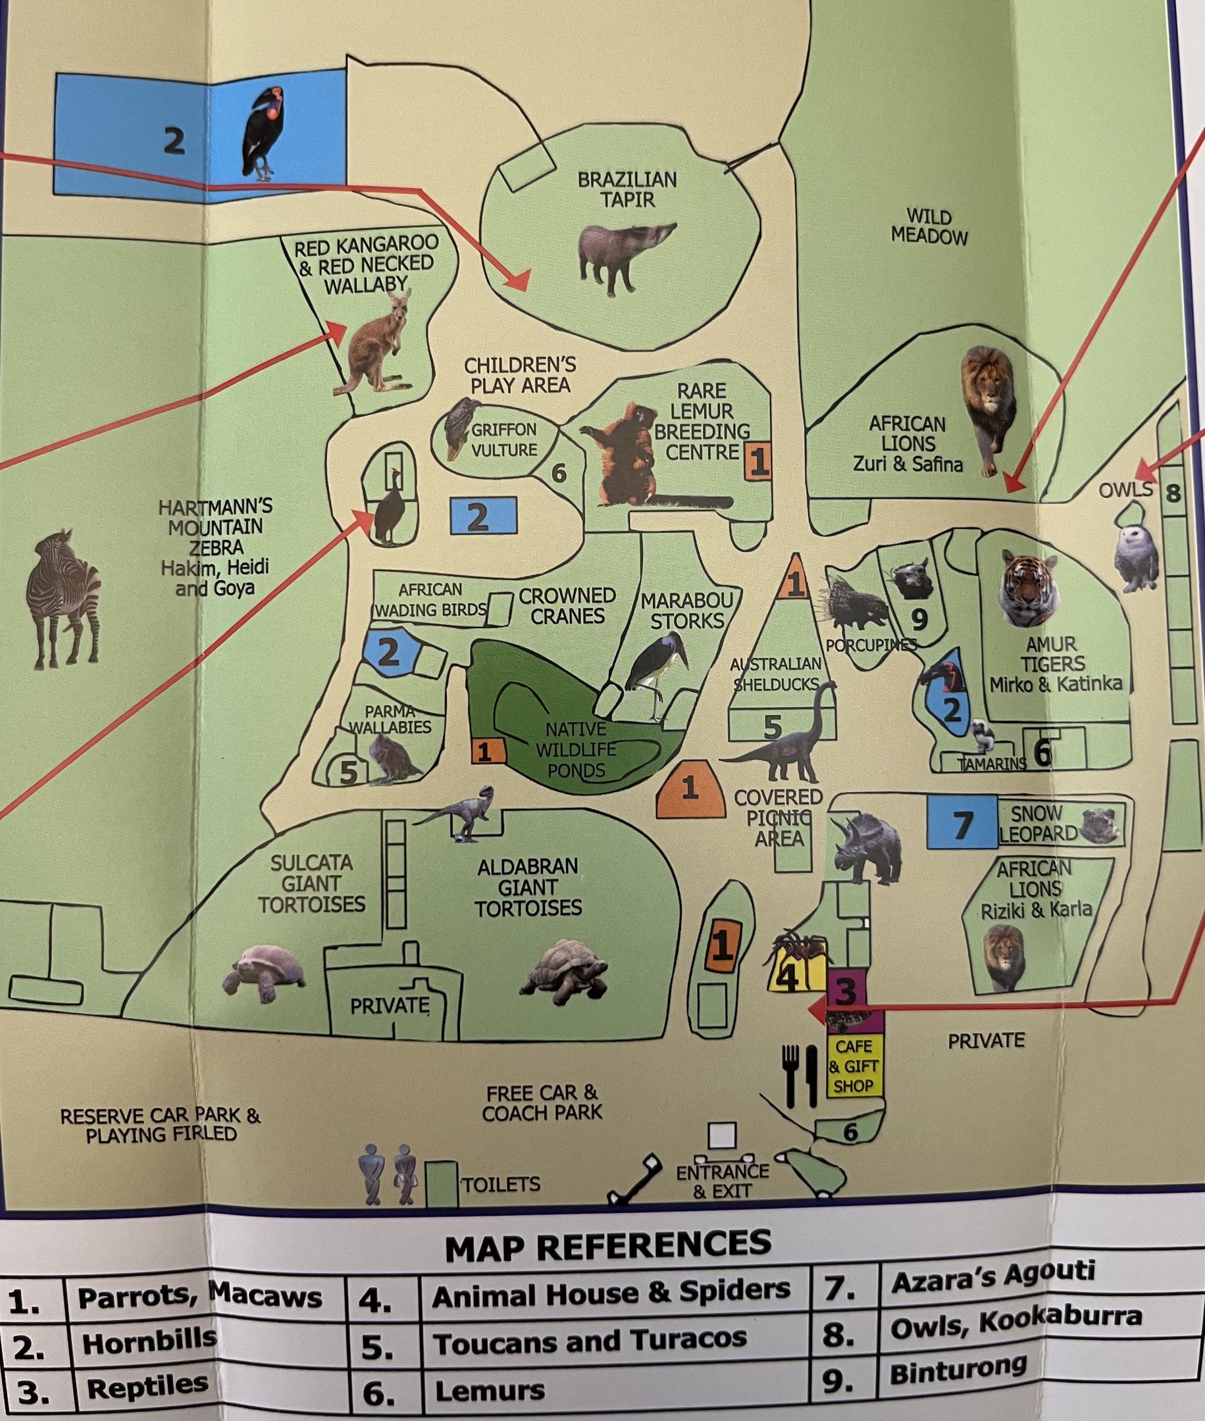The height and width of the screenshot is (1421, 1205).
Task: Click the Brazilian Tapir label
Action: pos(627,189)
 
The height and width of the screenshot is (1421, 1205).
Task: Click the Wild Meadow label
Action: pos(929,227)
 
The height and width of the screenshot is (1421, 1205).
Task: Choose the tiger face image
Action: pos(1029,588)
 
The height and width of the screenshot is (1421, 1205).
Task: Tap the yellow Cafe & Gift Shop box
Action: pos(853,1066)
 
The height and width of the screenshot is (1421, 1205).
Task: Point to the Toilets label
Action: pos(501,1184)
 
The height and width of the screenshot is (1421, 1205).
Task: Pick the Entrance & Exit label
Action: pos(723,1182)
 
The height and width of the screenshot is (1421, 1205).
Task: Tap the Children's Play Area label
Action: pos(520,375)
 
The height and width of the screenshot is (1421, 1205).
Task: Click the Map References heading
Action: pos(607,1246)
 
